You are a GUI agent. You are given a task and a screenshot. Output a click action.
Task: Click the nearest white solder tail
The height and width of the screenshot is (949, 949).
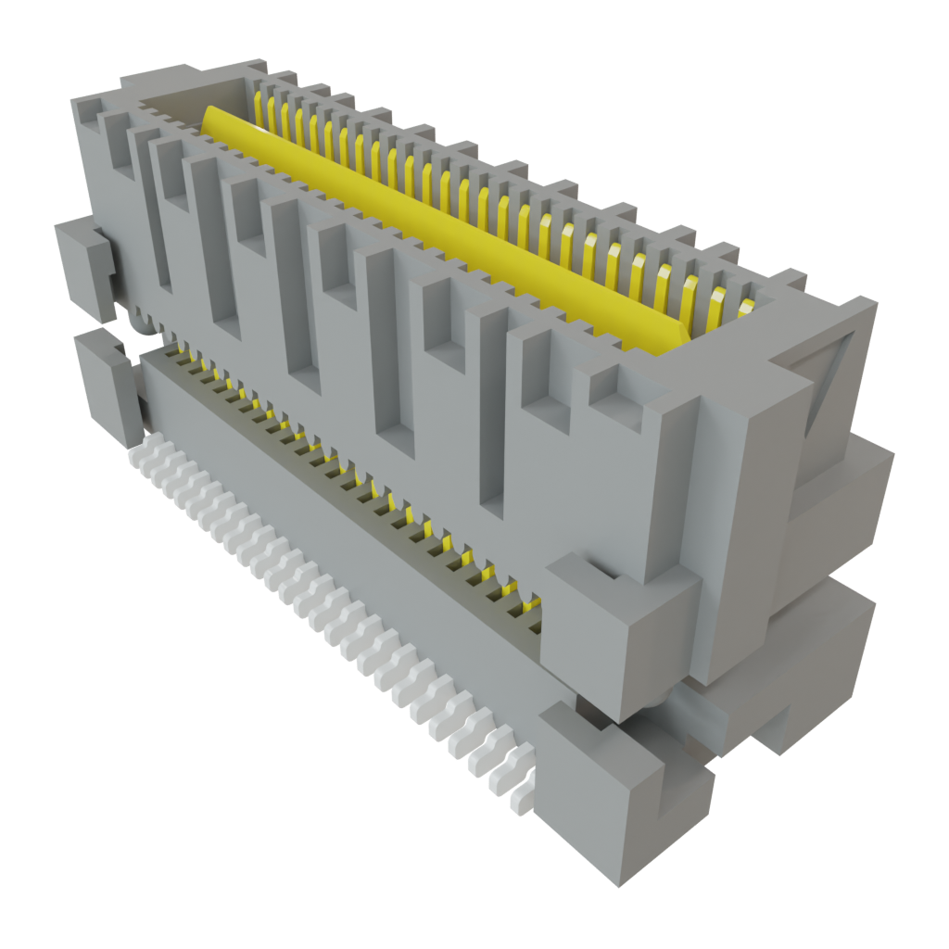pyautogui.click(x=520, y=795)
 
